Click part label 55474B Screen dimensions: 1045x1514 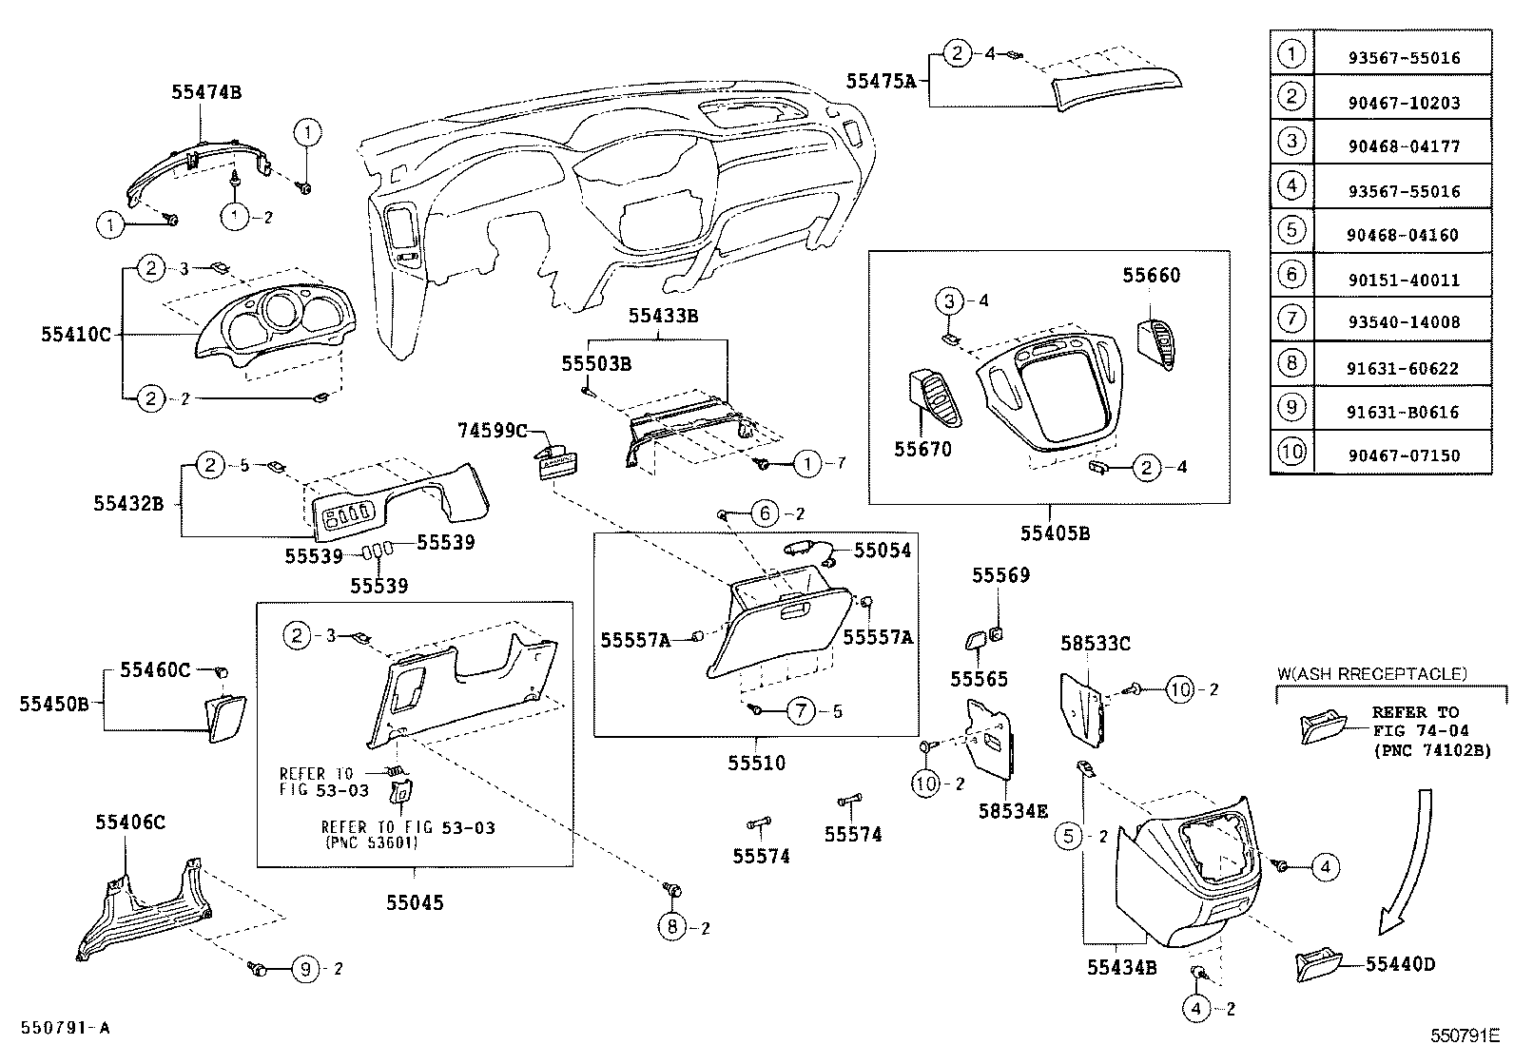206,92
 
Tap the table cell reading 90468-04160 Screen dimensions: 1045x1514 1403,235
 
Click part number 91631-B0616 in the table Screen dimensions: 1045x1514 1403,412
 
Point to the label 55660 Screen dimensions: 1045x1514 1151,276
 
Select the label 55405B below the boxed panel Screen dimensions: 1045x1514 1055,533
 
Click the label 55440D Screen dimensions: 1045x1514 1400,964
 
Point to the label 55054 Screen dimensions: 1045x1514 882,551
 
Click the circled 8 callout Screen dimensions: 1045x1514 671,926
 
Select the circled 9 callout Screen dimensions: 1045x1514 304,969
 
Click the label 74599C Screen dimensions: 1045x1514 492,432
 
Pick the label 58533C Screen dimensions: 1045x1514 1096,645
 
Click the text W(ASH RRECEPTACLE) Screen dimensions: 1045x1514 1371,674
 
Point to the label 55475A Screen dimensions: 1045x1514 881,82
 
